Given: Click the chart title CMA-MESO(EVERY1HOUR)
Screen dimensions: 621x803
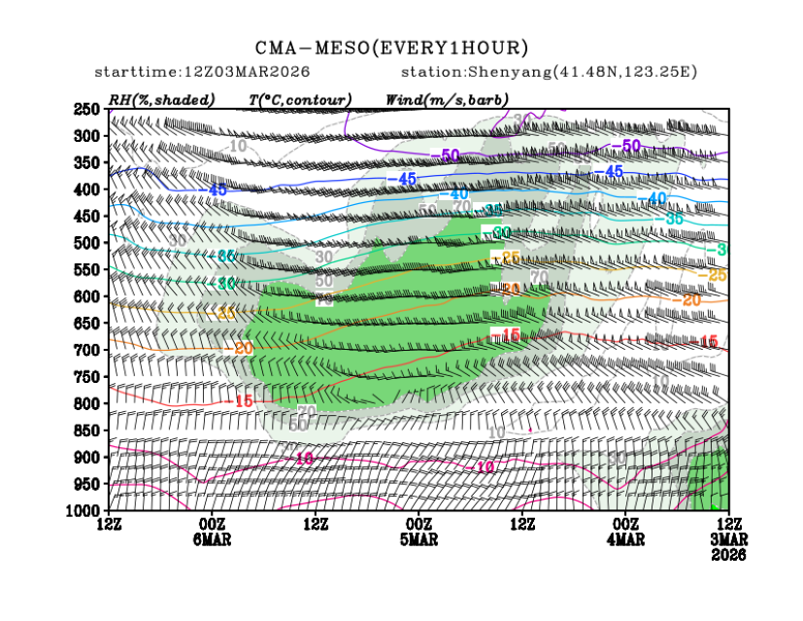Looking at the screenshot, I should pos(392,48).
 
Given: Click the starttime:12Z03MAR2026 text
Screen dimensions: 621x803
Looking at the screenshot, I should pos(191,73).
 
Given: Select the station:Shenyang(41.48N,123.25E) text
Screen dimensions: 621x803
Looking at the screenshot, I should pos(549,73).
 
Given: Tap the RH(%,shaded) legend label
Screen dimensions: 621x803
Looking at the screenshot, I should pos(161,99).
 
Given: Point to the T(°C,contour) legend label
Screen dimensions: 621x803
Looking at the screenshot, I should pos(300,99).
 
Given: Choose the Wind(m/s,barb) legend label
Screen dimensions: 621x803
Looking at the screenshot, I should pos(447,99).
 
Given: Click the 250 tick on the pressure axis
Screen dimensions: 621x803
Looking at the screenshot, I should pos(88,109).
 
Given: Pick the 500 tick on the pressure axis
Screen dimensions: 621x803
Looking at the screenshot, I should pos(88,242).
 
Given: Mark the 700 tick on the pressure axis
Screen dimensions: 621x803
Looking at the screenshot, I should pos(88,349).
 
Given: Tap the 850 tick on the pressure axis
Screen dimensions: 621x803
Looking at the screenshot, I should pos(88,430).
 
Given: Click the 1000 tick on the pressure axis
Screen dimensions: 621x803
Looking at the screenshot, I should pos(85,510).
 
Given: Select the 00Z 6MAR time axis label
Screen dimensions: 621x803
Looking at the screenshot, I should pos(212,533).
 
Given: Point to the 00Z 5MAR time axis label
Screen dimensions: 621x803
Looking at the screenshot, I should pos(418,533).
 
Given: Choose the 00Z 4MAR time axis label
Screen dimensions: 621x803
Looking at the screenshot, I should pos(626,533).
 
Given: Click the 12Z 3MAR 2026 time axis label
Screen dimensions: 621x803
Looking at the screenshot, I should pos(728,539).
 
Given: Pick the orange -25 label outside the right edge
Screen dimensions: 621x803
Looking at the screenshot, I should pos(717,276).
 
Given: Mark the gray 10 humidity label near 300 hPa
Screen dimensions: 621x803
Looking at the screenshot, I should pos(239,146).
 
